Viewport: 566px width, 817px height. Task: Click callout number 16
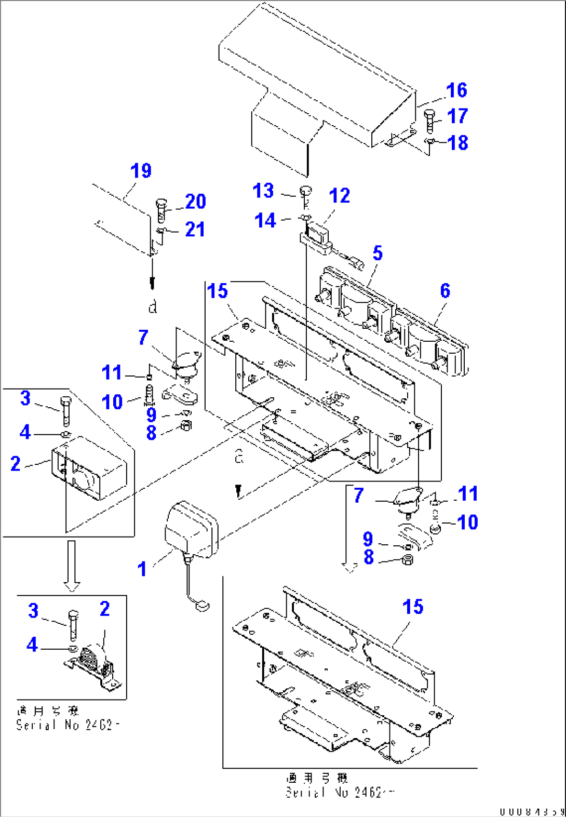pyautogui.click(x=456, y=90)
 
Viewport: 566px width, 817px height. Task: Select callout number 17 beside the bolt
pyautogui.click(x=457, y=116)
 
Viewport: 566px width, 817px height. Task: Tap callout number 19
pyautogui.click(x=141, y=171)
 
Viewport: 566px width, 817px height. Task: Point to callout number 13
pyautogui.click(x=263, y=191)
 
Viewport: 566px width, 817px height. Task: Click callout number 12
pyautogui.click(x=339, y=196)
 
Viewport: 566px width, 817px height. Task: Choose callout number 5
pyautogui.click(x=378, y=253)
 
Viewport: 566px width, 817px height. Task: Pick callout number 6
pyautogui.click(x=445, y=291)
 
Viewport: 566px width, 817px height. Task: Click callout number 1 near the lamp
pyautogui.click(x=142, y=569)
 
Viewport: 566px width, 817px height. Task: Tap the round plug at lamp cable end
pyautogui.click(x=203, y=605)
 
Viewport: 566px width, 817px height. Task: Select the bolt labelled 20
pyautogui.click(x=161, y=210)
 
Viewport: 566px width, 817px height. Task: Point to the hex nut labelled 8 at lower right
pyautogui.click(x=408, y=560)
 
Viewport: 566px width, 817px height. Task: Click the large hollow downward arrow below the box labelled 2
pyautogui.click(x=72, y=565)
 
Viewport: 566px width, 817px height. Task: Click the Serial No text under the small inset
pyautogui.click(x=68, y=725)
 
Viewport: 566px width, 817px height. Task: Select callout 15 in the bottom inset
pyautogui.click(x=413, y=607)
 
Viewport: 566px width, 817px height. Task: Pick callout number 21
pyautogui.click(x=195, y=230)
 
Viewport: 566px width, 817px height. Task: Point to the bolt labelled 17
pyautogui.click(x=429, y=121)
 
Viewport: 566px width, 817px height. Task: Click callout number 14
pyautogui.click(x=265, y=221)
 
